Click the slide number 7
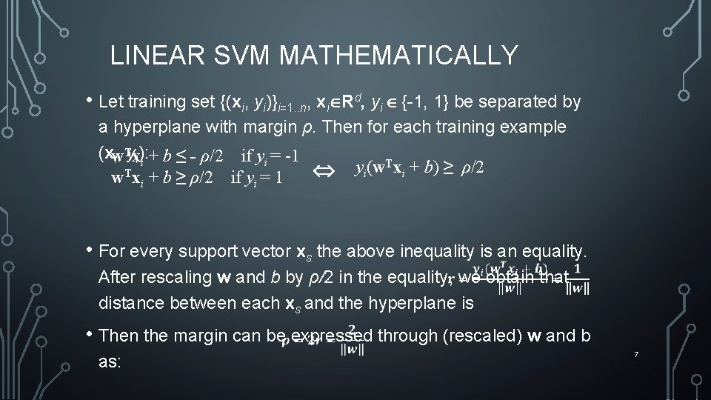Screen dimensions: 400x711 (636, 356)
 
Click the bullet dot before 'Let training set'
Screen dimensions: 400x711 (90, 101)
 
